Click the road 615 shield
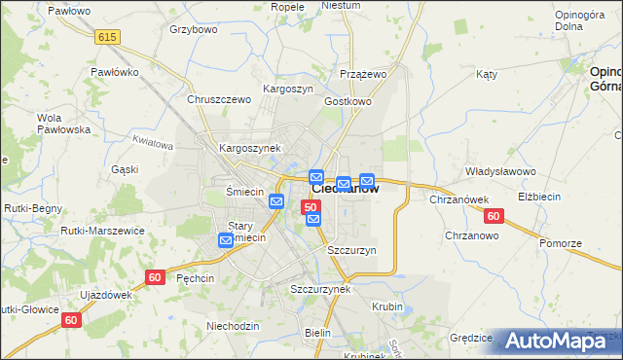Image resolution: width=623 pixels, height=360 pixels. pos(108,36)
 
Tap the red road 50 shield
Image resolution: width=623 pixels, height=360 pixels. pos(311,207)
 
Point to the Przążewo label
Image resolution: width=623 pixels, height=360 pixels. pos(364,74)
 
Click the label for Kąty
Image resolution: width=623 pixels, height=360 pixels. pos(487,74)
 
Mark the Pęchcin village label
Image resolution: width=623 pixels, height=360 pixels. pos(199,277)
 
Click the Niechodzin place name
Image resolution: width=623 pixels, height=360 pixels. pos(233,326)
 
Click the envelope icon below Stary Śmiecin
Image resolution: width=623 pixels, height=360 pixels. pos(226,240)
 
